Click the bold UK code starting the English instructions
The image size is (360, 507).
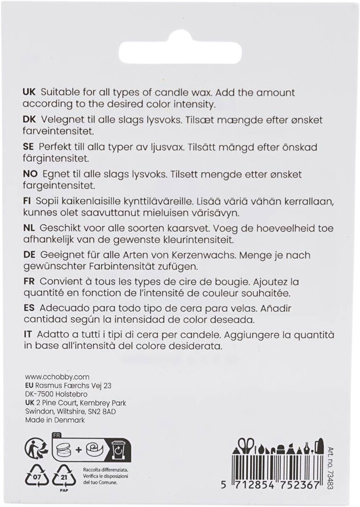[x=29, y=93]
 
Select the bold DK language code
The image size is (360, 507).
[x=29, y=120]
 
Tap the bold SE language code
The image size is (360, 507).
[x=29, y=148]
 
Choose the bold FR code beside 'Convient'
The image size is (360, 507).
[x=29, y=281]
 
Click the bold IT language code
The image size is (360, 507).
[x=27, y=334]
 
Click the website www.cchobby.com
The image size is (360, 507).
[x=50, y=377]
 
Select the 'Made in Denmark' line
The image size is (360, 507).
[x=55, y=420]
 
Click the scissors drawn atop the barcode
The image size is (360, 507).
[x=245, y=445]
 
